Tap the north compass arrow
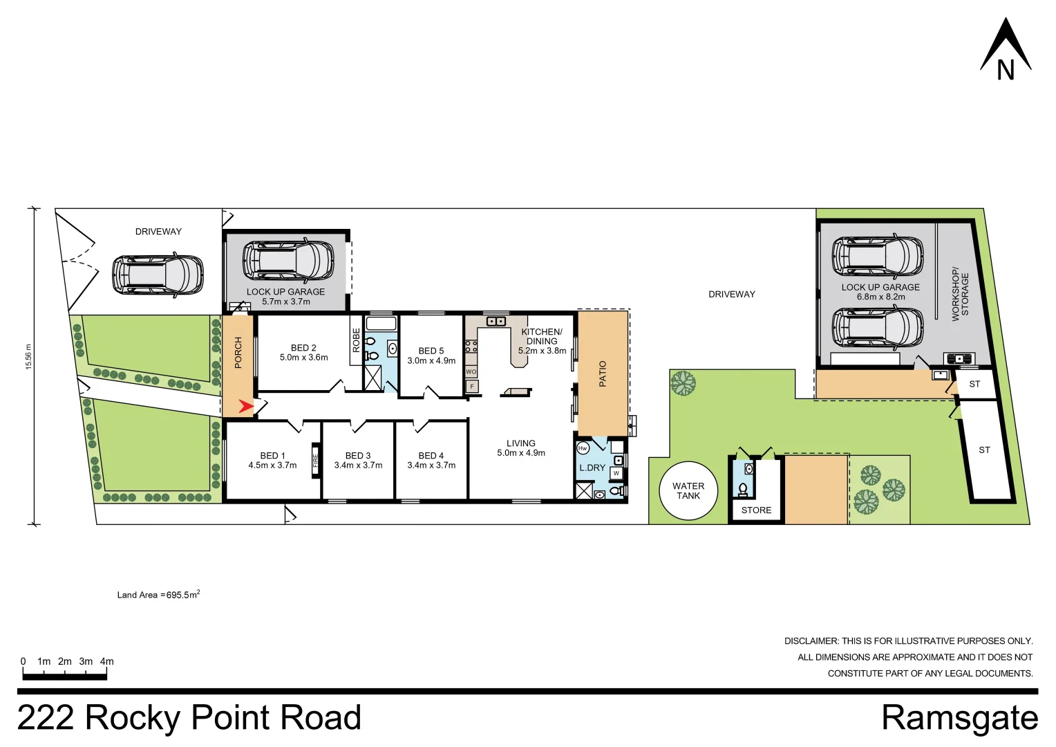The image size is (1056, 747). (1006, 48)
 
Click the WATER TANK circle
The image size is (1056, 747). (688, 491)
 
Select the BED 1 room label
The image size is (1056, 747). (272, 456)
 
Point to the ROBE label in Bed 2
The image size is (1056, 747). (357, 340)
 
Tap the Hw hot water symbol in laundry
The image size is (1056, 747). (583, 448)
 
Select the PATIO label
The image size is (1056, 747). (603, 373)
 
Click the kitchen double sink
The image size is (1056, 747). (496, 322)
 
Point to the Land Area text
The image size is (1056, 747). (158, 594)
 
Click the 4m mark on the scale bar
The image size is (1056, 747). (106, 662)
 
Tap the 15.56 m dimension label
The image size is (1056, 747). (28, 357)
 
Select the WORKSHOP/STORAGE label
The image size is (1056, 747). (960, 294)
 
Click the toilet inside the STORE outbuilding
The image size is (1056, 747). (743, 490)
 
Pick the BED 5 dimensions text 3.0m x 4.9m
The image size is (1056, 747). (431, 361)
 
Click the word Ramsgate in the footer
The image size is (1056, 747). (959, 718)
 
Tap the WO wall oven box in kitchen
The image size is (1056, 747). (471, 372)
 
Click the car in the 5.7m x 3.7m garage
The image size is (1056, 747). (288, 261)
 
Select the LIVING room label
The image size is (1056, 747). (520, 443)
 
